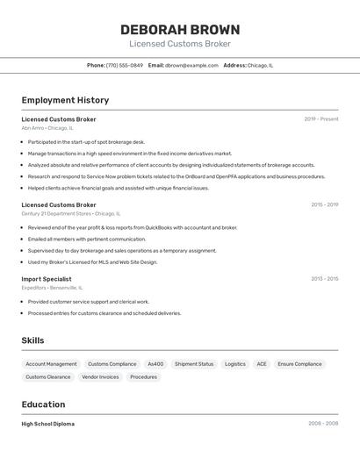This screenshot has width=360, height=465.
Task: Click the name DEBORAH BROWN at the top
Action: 180,30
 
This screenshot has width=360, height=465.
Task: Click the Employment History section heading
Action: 65,100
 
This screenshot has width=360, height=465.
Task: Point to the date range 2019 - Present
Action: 320,119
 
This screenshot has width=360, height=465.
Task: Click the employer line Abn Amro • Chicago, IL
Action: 47,128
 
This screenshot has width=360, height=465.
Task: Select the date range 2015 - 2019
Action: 324,205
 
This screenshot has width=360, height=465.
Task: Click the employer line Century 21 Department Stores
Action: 70,213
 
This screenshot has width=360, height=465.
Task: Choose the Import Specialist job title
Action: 47,279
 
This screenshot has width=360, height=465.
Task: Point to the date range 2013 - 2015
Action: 324,279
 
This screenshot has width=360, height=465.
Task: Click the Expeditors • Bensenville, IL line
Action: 52,288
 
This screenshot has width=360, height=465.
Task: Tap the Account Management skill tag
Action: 51,364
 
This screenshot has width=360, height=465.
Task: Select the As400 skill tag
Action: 155,364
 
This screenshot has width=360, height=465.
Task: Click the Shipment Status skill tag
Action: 194,364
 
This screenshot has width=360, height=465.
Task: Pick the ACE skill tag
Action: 262,364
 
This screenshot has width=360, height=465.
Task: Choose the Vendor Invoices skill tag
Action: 100,377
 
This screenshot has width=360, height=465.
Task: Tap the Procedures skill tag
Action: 143,377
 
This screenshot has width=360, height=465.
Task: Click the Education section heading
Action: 43,404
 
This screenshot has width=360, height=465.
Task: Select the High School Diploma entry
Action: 47,424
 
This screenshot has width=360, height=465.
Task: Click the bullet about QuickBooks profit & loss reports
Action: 133,227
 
